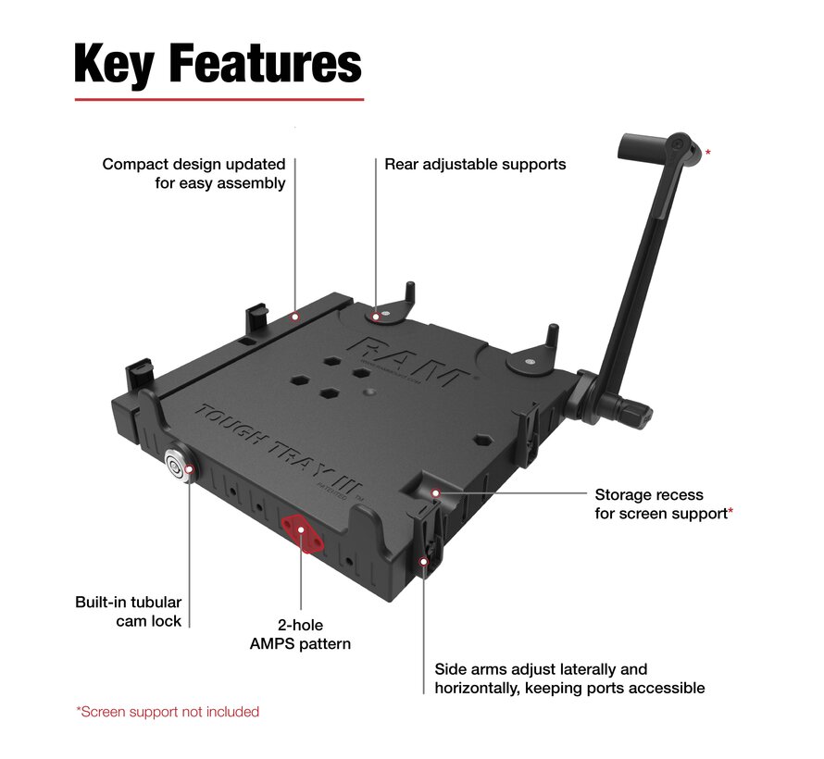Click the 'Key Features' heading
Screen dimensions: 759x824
coord(218,64)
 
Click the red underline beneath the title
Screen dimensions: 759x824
coord(218,99)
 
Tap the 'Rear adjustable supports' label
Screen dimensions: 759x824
coord(475,165)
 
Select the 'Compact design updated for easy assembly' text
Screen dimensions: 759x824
coord(194,173)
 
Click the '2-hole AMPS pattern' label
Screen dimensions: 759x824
coord(300,634)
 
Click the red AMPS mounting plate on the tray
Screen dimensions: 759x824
coord(302,533)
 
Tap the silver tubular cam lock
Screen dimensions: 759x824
coord(175,468)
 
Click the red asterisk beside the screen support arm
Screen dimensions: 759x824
coord(708,152)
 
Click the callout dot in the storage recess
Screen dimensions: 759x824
coord(435,493)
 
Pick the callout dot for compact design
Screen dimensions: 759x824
coord(294,317)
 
